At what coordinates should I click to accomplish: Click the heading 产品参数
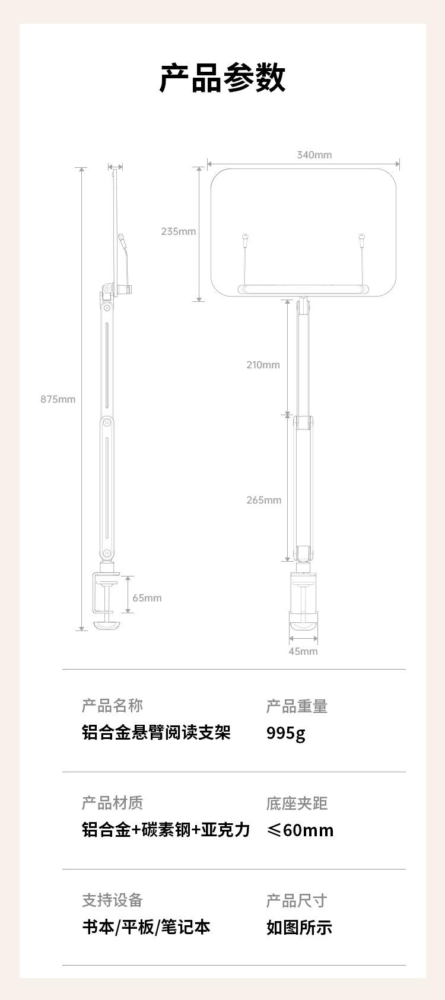pos(223,78)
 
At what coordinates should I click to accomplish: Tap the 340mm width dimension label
pos(314,155)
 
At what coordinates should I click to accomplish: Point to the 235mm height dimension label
pos(179,231)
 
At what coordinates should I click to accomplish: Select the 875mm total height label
pos(58,399)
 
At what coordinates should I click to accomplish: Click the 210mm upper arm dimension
pos(263,365)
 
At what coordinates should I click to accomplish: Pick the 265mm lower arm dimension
pos(264,500)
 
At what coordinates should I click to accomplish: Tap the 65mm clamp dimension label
pos(147,598)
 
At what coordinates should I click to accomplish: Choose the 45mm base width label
pos(303,651)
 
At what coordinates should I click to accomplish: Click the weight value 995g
pos(286,734)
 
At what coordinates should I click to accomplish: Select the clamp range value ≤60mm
pos(300,830)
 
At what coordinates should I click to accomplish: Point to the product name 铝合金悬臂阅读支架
pos(156,733)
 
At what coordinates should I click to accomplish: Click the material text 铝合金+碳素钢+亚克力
pos(166,830)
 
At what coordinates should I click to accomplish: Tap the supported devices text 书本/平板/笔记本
pos(146,927)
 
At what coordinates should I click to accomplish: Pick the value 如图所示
pos(299,927)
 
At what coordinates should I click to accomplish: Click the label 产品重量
pos(297,706)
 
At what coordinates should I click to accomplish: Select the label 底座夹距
pos(297,804)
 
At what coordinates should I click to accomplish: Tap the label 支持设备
pos(112,900)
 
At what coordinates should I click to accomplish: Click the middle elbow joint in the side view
pos(107,423)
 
